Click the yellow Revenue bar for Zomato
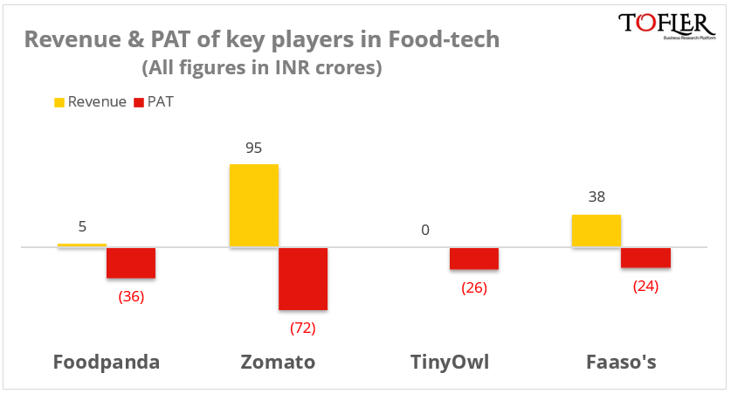[x=254, y=205]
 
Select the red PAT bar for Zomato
[x=303, y=279]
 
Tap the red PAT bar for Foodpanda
[x=131, y=263]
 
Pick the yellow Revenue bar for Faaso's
[x=597, y=231]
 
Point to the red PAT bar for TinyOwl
[x=474, y=259]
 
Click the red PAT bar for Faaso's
[x=646, y=258]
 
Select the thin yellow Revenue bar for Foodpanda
[x=82, y=245]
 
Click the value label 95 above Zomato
[x=254, y=148]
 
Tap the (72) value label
[x=302, y=328]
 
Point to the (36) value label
[x=131, y=296]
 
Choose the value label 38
[x=597, y=197]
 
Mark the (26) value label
[x=474, y=287]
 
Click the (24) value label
[x=645, y=286]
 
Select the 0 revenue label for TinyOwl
[x=425, y=231]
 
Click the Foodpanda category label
[x=107, y=362]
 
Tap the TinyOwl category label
[x=451, y=362]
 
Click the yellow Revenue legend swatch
[x=59, y=102]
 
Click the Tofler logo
[x=665, y=26]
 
